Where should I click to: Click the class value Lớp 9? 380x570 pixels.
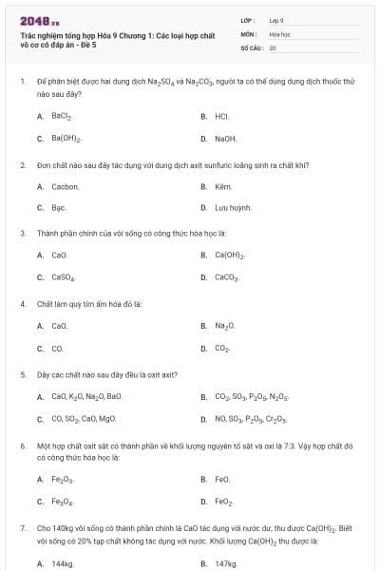(276, 20)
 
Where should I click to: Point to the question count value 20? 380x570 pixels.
(273, 47)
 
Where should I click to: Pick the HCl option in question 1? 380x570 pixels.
(222, 116)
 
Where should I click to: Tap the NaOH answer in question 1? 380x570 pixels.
(226, 139)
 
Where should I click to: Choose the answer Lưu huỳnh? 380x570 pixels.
(233, 207)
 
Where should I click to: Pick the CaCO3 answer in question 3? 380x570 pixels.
(227, 277)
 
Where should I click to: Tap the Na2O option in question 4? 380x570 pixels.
(224, 326)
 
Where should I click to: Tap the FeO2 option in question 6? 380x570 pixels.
(224, 502)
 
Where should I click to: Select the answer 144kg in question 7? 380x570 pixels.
(62, 563)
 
